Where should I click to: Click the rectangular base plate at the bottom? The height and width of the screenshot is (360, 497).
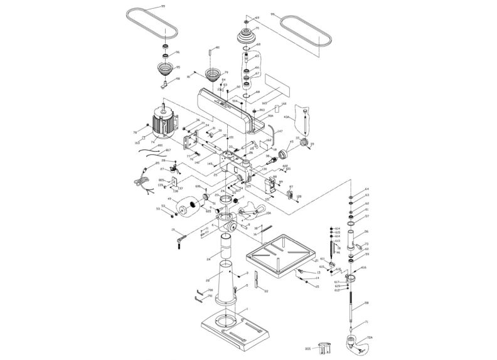[233, 329]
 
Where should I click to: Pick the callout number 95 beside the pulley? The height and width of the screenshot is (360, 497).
[178, 68]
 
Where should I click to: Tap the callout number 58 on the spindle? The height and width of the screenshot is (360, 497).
[366, 302]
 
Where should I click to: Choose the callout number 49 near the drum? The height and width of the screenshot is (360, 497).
[169, 199]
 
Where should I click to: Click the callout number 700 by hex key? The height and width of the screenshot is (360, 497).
[210, 290]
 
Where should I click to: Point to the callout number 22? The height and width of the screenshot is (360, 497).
[266, 291]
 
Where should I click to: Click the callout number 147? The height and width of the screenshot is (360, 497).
[279, 131]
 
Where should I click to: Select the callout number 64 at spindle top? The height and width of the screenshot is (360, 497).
[367, 189]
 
